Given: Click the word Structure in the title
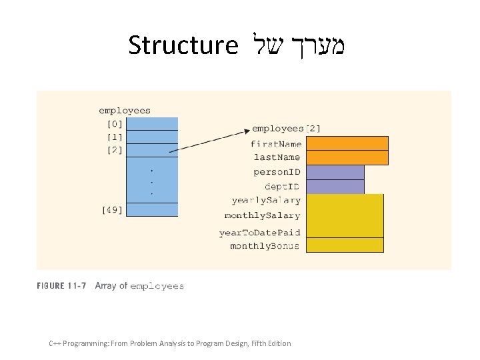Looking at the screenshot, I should tap(183, 45).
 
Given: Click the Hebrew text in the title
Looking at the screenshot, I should tap(301, 45).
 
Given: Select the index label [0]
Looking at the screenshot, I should tap(115, 124).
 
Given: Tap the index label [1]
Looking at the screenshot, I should tap(115, 137).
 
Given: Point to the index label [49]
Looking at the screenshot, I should tap(112, 210).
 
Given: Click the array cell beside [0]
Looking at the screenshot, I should tap(152, 124).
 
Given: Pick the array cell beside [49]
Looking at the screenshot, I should tap(152, 210).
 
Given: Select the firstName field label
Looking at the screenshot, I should tap(276, 144).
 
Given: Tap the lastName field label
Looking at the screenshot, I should tap(277, 157).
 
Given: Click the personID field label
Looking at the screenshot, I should tap(277, 172).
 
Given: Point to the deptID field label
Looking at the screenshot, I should tap(282, 186).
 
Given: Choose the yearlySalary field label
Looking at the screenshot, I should tap(266, 200).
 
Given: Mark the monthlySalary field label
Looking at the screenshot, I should tap(262, 215).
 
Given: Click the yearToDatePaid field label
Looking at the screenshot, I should tap(259, 233).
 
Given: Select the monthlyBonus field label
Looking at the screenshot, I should tap(265, 246).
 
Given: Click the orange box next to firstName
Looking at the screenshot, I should tap(347, 143).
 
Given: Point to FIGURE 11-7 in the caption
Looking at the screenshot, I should tap(61, 286).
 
